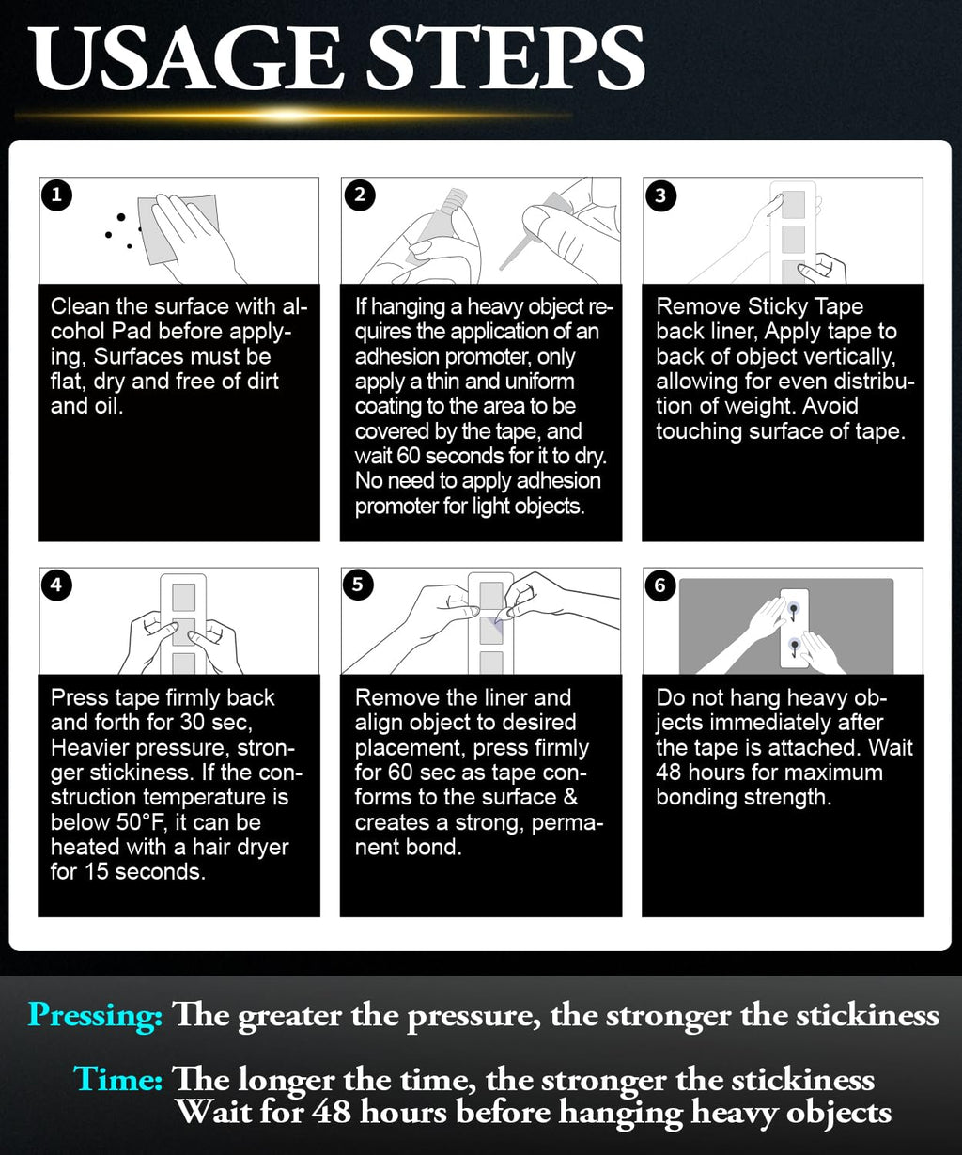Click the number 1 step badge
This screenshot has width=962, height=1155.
(x=56, y=195)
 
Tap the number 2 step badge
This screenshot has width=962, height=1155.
(x=360, y=195)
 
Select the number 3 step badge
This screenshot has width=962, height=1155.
(x=660, y=195)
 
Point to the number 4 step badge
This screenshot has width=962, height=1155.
(x=56, y=585)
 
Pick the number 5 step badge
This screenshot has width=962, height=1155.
(x=358, y=585)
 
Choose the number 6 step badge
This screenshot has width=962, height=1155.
(x=660, y=585)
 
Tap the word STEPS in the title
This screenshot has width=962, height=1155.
(x=505, y=58)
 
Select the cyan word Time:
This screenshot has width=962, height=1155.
(x=117, y=1078)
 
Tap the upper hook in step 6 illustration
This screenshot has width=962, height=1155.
(x=794, y=610)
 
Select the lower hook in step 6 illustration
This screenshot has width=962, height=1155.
(x=795, y=647)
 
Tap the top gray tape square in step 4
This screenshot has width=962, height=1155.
(x=184, y=598)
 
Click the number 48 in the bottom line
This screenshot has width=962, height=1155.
(x=332, y=1111)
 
